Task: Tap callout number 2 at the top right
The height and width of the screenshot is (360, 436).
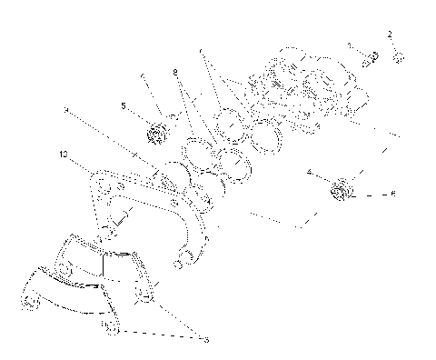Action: pyautogui.click(x=390, y=34)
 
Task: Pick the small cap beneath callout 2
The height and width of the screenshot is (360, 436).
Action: pyautogui.click(x=400, y=59)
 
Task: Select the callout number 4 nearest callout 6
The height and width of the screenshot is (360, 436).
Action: pyautogui.click(x=310, y=171)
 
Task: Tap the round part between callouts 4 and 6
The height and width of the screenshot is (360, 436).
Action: pyautogui.click(x=342, y=192)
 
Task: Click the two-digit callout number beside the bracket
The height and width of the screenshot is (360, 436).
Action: pyautogui.click(x=61, y=155)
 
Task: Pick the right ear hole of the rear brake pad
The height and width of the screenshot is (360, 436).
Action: pyautogui.click(x=143, y=295)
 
